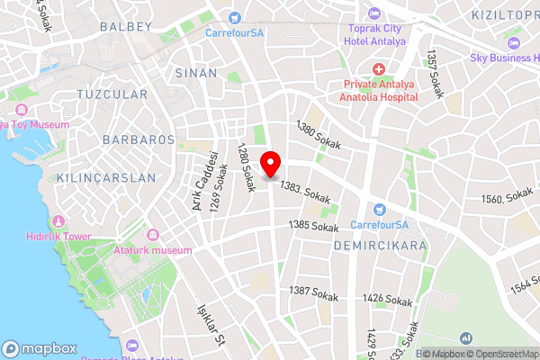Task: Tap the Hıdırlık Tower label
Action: coord(84,236)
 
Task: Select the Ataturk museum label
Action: coord(153,249)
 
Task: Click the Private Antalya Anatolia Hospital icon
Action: coord(378,69)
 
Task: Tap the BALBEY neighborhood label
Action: coord(126,27)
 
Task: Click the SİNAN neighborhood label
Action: coord(196,72)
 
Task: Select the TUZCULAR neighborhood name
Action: coord(112,94)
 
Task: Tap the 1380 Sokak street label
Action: coord(319,136)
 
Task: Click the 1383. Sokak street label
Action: coord(306,190)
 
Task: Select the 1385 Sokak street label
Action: coord(313,225)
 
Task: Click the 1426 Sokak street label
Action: coord(387,298)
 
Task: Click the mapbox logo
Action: coord(40,348)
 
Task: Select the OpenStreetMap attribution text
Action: coord(500,353)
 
